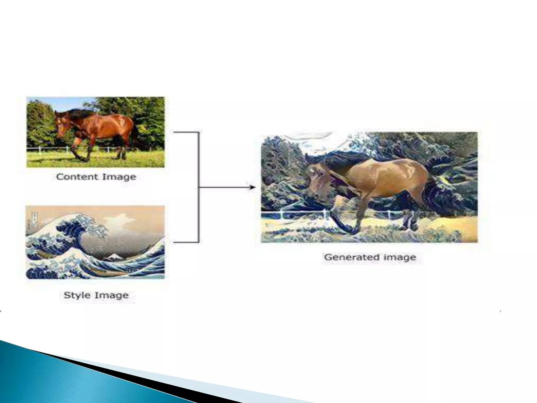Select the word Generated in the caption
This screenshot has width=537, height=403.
click(x=351, y=257)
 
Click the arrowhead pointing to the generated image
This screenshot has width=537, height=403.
click(x=252, y=187)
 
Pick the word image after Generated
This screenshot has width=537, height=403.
click(x=400, y=257)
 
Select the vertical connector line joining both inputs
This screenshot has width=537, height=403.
click(x=198, y=187)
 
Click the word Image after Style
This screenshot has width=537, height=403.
click(x=112, y=295)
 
